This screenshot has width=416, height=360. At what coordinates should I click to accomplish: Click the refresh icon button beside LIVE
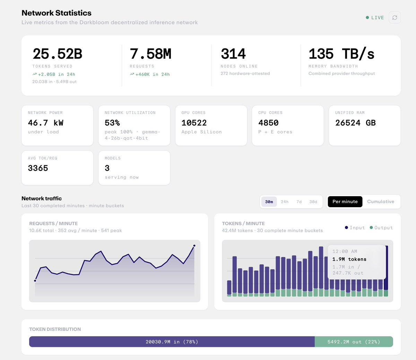tap(395, 18)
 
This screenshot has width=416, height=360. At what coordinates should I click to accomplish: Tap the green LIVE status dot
tap(367, 18)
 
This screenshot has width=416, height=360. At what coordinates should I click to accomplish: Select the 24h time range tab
tap(285, 202)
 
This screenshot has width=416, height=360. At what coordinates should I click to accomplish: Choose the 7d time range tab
tap(299, 202)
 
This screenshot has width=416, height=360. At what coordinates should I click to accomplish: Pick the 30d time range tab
tap(313, 202)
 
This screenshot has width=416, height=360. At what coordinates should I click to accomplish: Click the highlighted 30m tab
tap(269, 202)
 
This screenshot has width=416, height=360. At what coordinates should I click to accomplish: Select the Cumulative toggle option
tap(381, 202)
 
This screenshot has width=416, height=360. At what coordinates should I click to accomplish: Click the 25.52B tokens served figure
tap(57, 54)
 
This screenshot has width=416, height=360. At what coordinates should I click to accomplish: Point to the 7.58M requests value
tap(150, 54)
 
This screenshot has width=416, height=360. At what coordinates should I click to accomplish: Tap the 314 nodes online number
tap(233, 54)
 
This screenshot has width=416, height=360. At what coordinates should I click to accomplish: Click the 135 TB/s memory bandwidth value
tap(341, 54)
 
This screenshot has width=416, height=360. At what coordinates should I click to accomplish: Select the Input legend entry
tap(355, 228)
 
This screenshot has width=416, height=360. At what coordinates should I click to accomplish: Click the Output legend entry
tap(381, 228)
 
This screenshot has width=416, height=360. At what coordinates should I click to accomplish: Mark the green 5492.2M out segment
tap(354, 342)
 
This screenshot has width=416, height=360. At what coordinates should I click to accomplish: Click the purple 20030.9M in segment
tap(172, 342)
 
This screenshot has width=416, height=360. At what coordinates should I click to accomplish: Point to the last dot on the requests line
tap(194, 246)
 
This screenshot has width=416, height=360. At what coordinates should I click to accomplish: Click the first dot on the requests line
tap(35, 281)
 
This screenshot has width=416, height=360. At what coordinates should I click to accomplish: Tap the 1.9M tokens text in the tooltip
tap(349, 259)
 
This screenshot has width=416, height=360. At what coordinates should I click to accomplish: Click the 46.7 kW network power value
tap(45, 123)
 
